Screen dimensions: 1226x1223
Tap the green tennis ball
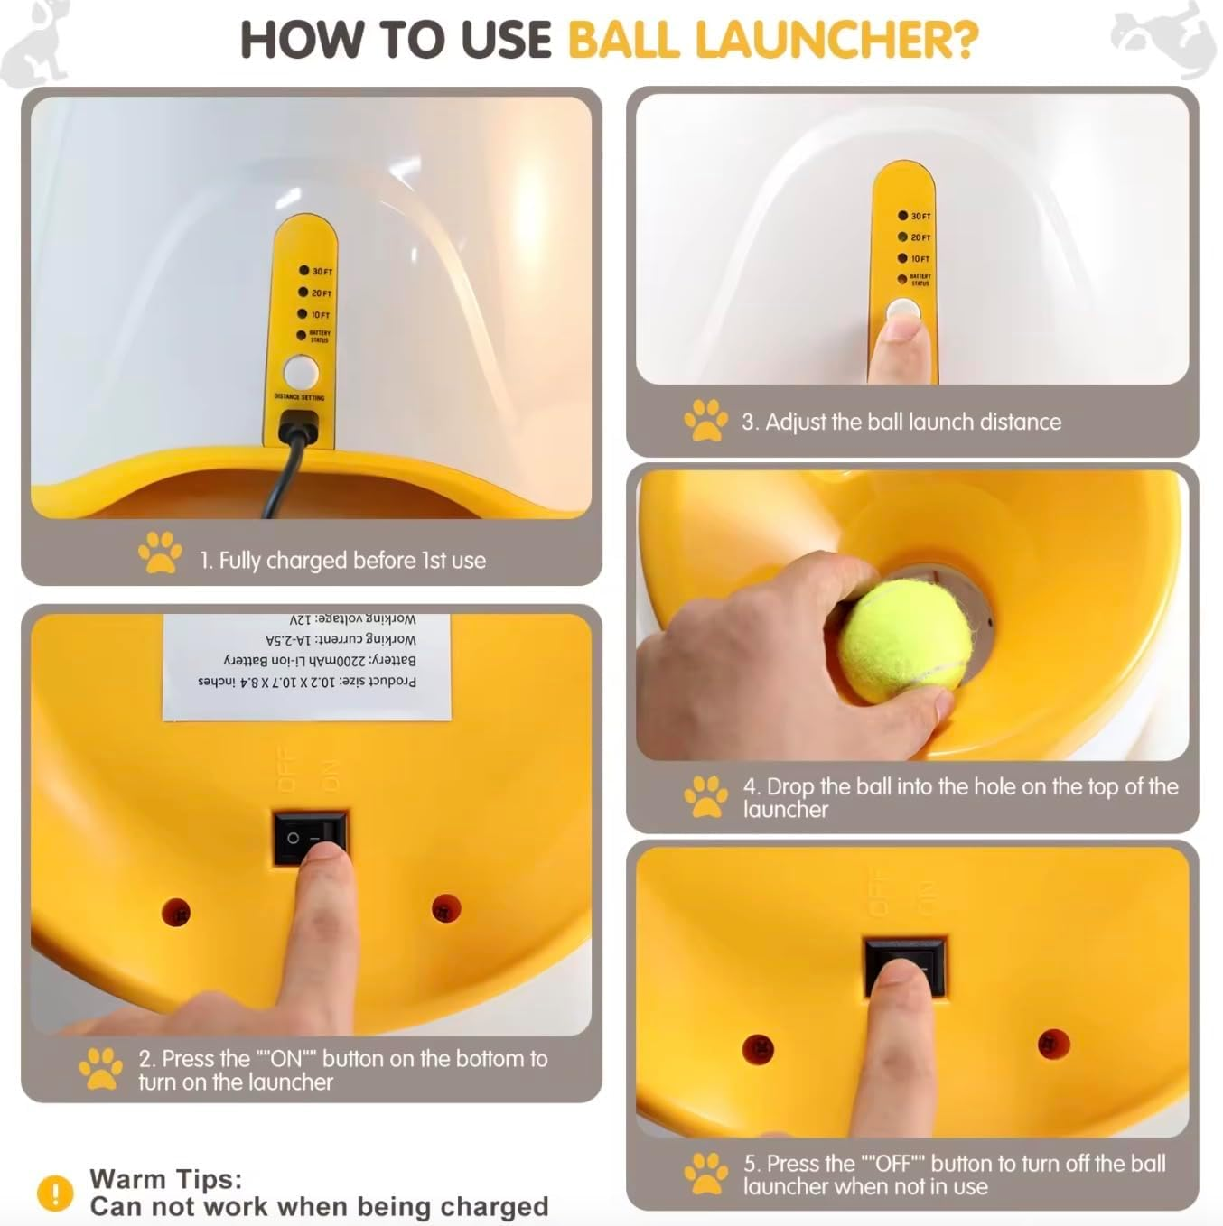(904, 640)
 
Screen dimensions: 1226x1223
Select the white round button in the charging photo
(301, 371)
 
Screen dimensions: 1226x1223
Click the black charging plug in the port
(299, 425)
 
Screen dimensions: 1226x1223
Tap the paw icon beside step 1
(160, 553)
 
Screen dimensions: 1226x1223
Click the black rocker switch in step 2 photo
(309, 839)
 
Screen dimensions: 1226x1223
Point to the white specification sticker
(307, 666)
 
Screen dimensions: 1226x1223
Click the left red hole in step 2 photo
(176, 911)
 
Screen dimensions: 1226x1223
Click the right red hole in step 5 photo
(1053, 1045)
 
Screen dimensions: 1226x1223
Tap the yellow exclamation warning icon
(55, 1193)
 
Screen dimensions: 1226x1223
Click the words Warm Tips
(165, 1179)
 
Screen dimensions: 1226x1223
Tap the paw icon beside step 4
(705, 796)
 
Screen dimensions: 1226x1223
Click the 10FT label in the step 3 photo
(920, 259)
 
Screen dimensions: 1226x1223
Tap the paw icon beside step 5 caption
(705, 1174)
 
